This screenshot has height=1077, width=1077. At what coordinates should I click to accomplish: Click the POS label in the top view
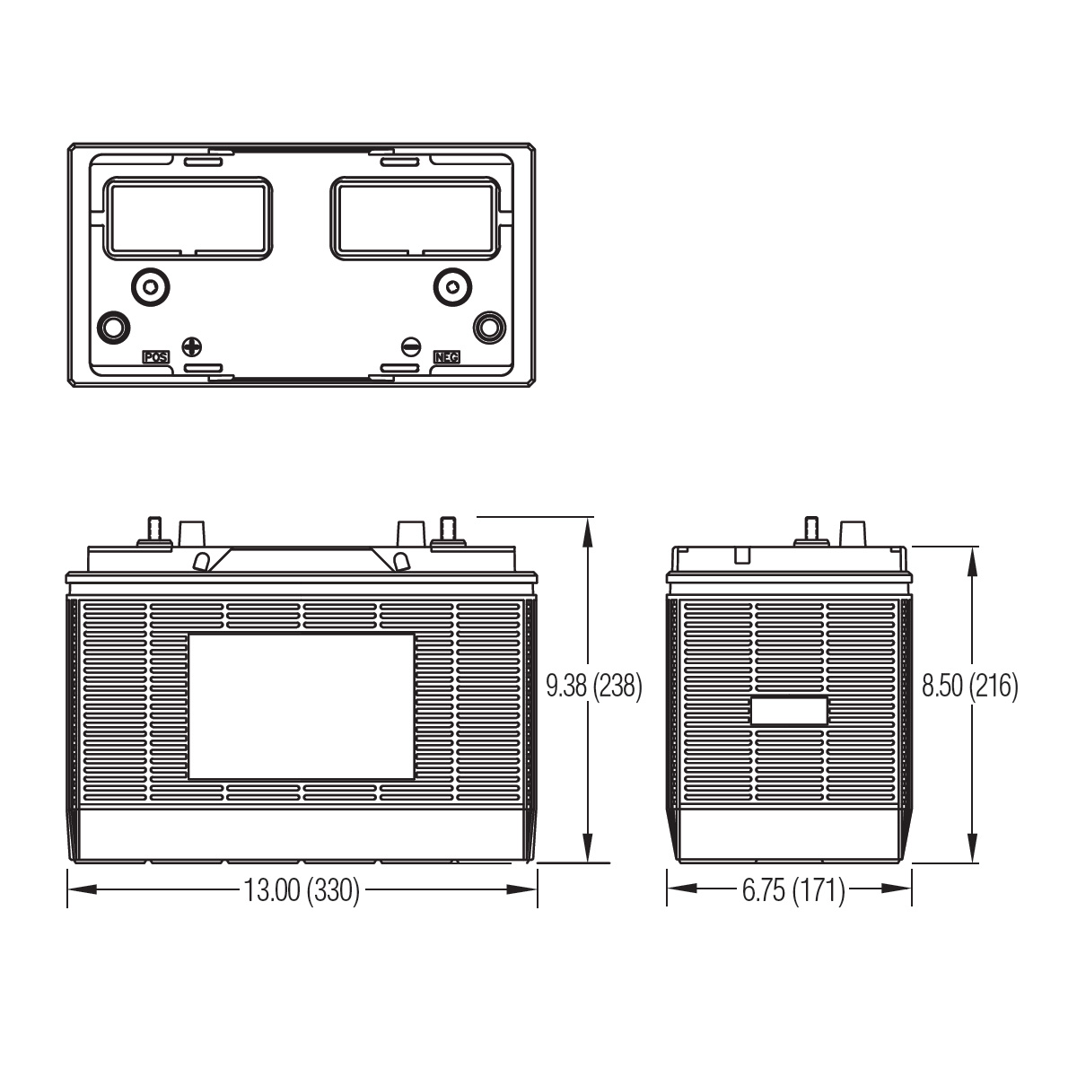pyautogui.click(x=156, y=357)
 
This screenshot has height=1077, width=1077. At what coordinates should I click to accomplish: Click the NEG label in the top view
pyautogui.click(x=447, y=357)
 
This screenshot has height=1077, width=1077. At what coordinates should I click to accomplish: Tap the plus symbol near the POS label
pyautogui.click(x=192, y=347)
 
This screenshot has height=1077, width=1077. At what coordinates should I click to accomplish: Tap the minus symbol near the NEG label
pyautogui.click(x=411, y=347)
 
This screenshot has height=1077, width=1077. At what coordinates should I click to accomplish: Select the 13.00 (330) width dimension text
pyautogui.click(x=302, y=889)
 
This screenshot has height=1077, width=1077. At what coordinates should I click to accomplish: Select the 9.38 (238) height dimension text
pyautogui.click(x=594, y=686)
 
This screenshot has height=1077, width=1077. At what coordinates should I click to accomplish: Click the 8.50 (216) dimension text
pyautogui.click(x=970, y=686)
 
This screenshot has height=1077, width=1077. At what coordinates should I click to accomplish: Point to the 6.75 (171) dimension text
pyautogui.click(x=793, y=889)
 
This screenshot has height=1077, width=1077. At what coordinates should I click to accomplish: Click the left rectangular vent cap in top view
pyautogui.click(x=188, y=218)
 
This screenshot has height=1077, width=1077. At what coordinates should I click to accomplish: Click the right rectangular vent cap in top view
pyautogui.click(x=416, y=218)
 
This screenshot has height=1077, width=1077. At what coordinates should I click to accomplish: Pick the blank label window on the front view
pyautogui.click(x=302, y=706)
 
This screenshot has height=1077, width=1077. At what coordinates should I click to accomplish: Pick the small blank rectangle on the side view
pyautogui.click(x=789, y=711)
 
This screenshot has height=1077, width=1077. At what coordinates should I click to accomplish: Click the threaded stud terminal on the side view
pyautogui.click(x=811, y=531)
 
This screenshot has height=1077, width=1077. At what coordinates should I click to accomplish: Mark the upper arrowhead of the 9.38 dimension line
pyautogui.click(x=587, y=531)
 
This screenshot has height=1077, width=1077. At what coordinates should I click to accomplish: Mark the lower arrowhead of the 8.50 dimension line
pyautogui.click(x=973, y=848)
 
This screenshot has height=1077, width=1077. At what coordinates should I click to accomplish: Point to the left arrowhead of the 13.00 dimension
pyautogui.click(x=83, y=889)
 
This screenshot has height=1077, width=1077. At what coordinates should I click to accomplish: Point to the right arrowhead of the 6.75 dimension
pyautogui.click(x=897, y=889)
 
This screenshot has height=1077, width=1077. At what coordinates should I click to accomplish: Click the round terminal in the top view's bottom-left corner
pyautogui.click(x=113, y=327)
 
